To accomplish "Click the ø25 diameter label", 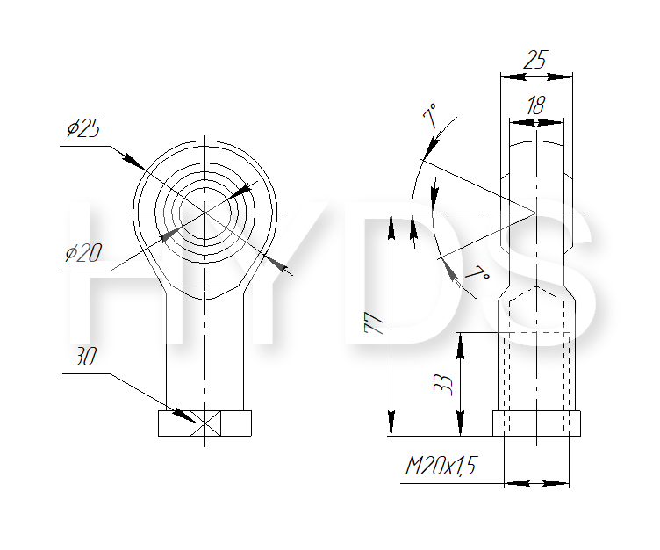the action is point(83,128).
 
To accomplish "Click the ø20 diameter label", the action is point(83,253).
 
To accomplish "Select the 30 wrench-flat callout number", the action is point(84,357).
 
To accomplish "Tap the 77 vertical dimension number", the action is point(374,322).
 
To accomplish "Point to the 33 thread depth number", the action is point(443,384).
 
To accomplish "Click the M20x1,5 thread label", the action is point(441,466).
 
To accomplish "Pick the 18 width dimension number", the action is point(536,105).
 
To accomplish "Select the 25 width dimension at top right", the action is point(535,59).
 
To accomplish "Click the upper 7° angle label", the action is point(430,115).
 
